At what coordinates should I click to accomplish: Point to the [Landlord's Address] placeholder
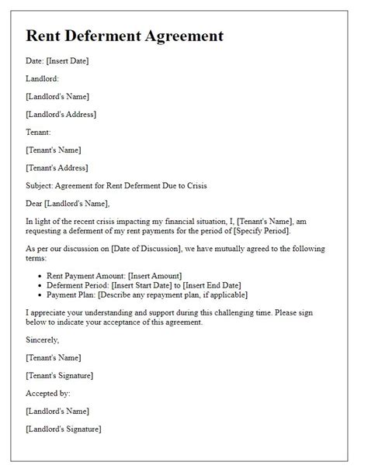click(x=61, y=114)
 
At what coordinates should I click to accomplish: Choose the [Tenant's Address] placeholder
click(x=57, y=167)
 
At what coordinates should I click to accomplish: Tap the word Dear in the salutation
click(x=35, y=203)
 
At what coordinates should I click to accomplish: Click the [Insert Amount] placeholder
click(x=152, y=275)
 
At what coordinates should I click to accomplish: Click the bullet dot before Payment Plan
click(x=40, y=295)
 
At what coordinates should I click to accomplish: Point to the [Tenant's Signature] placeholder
click(x=60, y=375)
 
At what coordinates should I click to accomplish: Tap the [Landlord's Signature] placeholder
click(x=64, y=429)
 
